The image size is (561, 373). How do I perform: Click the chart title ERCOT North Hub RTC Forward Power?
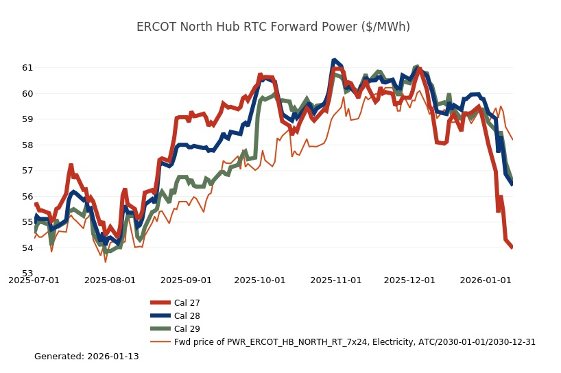273,27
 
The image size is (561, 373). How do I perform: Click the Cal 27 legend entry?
187,302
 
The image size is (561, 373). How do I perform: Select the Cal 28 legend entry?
187,315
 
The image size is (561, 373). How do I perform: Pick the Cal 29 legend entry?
187,328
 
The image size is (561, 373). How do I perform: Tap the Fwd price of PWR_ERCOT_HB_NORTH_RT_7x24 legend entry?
355,341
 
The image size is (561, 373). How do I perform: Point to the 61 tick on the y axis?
27,68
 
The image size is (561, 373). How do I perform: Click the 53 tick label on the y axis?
27,274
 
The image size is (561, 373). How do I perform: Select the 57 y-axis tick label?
27,171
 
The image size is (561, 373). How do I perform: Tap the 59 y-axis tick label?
27,119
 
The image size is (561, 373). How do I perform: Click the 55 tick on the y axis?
27,222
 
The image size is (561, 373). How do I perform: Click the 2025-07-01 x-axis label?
34,280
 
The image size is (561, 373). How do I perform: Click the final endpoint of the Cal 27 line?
512,248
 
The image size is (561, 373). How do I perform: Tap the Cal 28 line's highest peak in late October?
334,60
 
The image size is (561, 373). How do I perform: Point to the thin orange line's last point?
512,139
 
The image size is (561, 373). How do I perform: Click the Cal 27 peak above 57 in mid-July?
71,165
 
